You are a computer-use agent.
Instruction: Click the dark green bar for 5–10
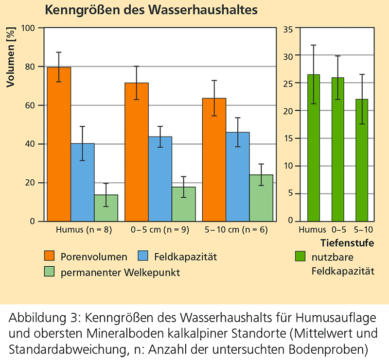(362, 160)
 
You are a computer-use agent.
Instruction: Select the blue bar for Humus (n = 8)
(83, 182)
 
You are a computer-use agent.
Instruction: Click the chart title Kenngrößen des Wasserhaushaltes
(151, 10)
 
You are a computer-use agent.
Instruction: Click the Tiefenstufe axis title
(347, 243)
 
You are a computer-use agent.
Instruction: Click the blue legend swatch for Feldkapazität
(144, 256)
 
